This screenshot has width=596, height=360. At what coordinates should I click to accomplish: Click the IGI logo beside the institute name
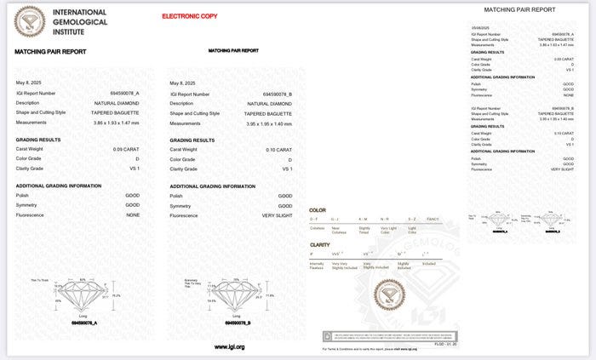(x=30, y=21)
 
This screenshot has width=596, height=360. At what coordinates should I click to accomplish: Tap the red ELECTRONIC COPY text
(x=189, y=16)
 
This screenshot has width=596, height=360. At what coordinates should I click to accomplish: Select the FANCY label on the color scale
(x=433, y=220)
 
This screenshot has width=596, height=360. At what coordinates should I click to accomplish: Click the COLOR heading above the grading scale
(x=317, y=210)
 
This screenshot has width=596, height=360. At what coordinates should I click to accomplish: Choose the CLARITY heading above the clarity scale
(x=319, y=245)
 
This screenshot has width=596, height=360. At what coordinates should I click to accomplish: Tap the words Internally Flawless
(x=317, y=266)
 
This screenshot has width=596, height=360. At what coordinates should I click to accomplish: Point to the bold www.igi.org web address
(x=229, y=346)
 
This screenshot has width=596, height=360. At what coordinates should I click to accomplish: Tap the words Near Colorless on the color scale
(x=338, y=229)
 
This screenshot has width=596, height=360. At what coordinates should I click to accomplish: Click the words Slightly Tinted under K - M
(x=364, y=229)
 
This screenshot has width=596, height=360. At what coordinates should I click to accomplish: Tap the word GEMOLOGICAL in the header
(x=80, y=21)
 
